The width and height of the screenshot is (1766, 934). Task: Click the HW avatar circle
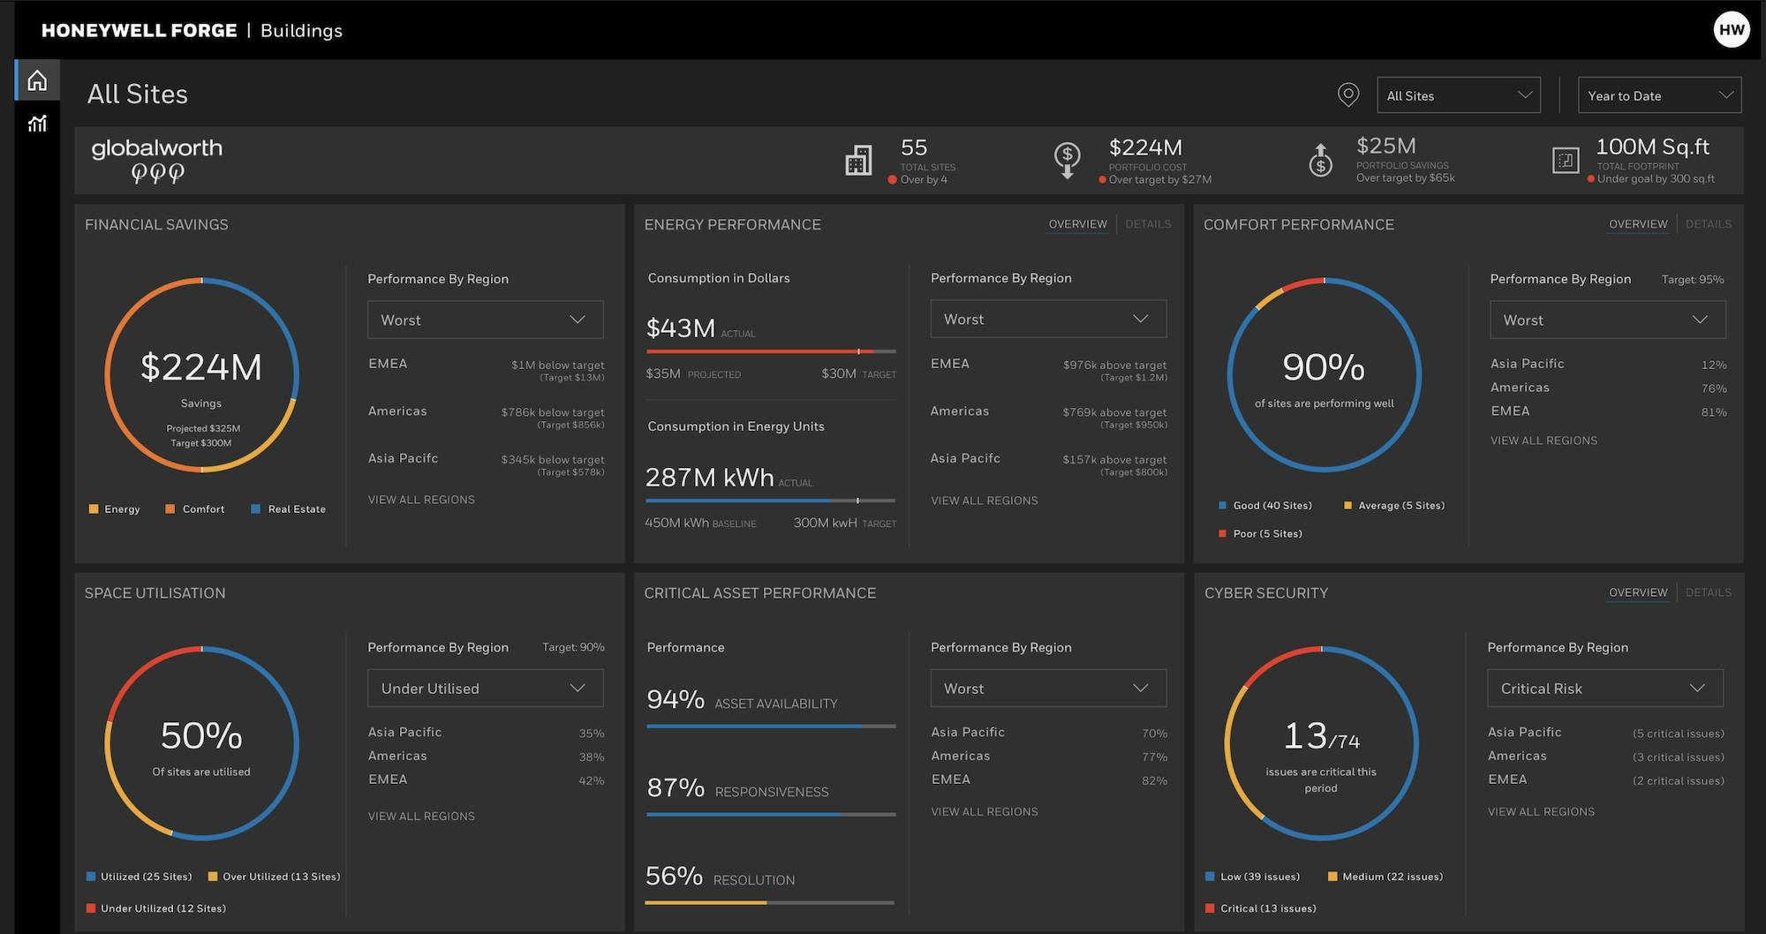(x=1731, y=30)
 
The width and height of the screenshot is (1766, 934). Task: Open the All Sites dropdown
(x=1458, y=95)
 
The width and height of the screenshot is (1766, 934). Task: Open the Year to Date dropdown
(x=1658, y=95)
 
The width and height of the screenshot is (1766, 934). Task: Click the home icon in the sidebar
(x=37, y=81)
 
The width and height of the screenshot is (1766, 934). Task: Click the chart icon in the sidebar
(x=37, y=124)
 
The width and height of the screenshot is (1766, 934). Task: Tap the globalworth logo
(x=156, y=160)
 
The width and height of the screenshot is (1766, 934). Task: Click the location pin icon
(x=1347, y=94)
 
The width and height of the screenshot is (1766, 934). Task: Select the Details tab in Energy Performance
(x=1148, y=224)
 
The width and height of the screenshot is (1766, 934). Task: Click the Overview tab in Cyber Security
(x=1638, y=592)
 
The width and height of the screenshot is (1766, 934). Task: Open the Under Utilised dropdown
(x=485, y=689)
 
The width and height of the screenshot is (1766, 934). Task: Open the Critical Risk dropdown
(x=1604, y=689)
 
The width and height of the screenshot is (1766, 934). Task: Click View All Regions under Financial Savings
(x=421, y=500)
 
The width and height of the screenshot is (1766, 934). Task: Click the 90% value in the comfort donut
(x=1323, y=367)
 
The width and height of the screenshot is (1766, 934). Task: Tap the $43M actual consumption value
(x=681, y=328)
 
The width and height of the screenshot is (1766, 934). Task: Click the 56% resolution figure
(x=674, y=876)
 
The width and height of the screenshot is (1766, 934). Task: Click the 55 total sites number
(x=914, y=147)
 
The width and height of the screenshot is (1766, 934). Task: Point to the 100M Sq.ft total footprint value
(x=1652, y=147)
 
